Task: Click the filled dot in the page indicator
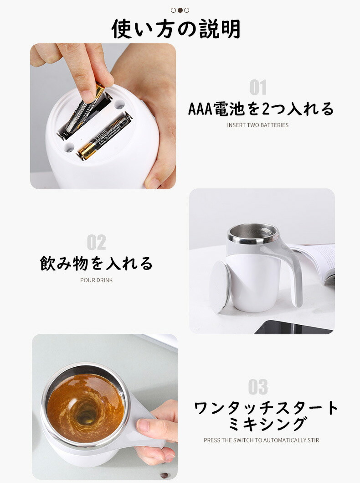180,10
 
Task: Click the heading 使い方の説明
176,29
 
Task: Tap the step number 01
258,88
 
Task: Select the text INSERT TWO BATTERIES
258,125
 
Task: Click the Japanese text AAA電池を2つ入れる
261,109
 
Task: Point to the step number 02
96,243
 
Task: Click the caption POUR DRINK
96,280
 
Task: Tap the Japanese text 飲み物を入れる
96,263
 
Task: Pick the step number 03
258,387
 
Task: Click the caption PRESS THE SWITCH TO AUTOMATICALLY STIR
261,440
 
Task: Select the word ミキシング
267,424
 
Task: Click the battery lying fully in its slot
105,136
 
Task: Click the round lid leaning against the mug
220,286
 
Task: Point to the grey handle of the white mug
293,271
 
